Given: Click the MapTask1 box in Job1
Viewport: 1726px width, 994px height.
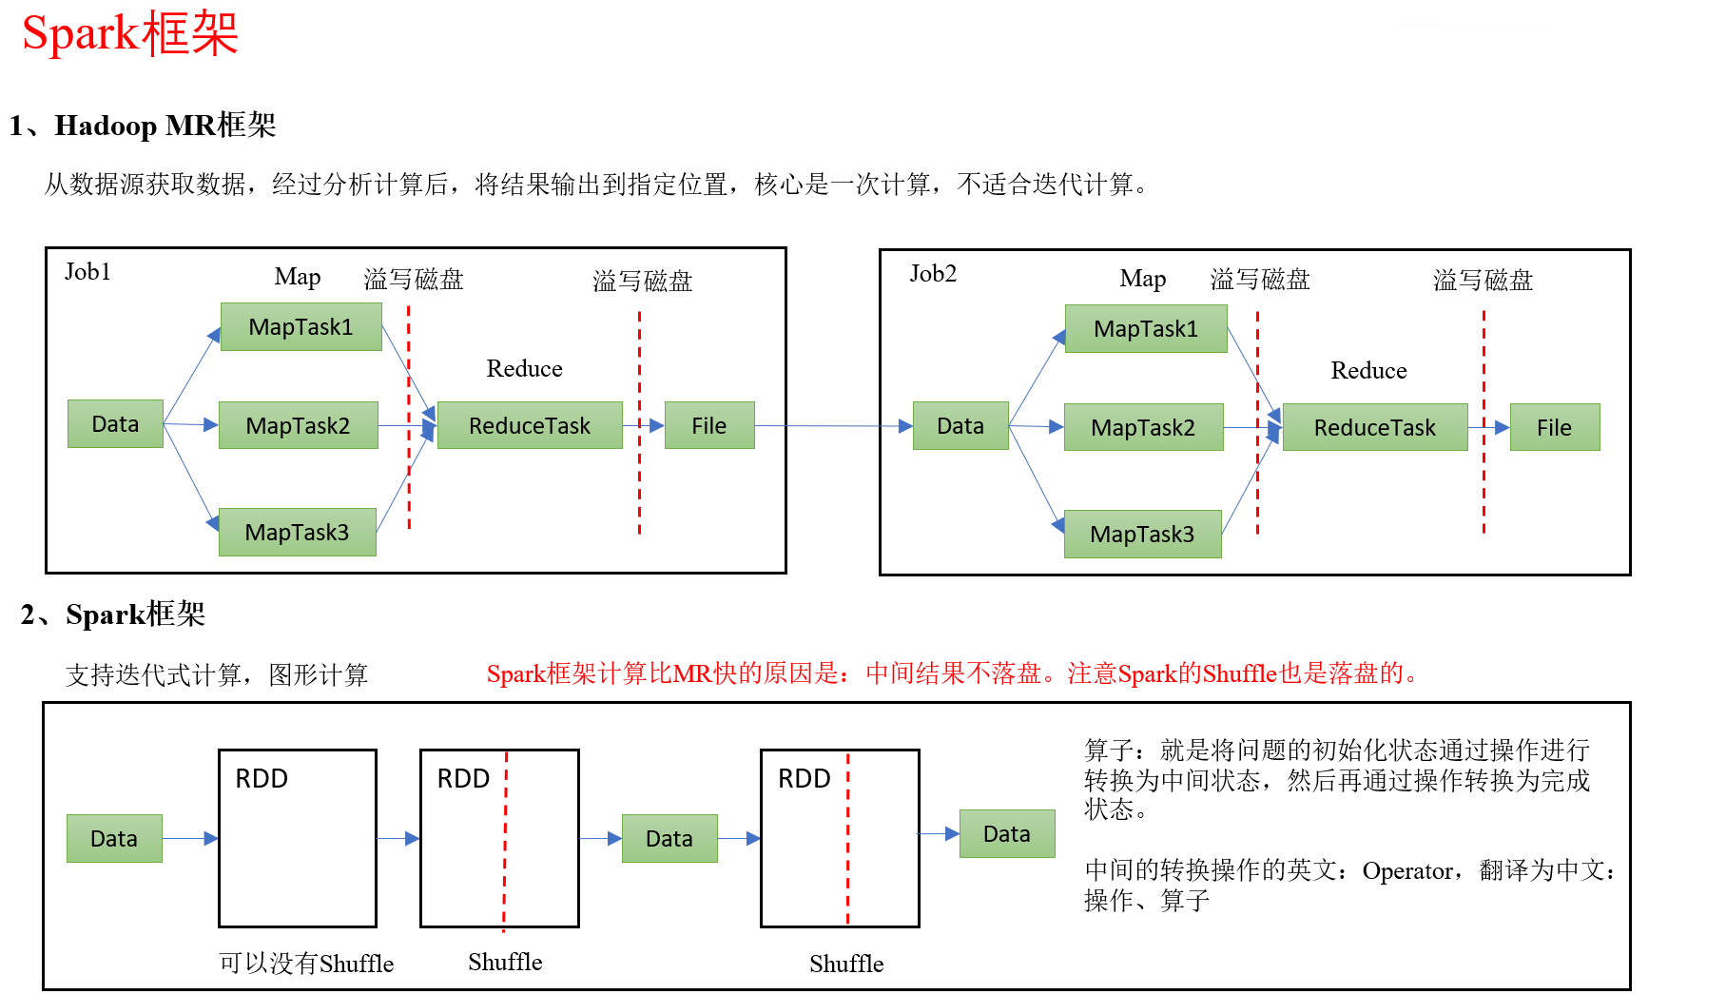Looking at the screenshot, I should [301, 326].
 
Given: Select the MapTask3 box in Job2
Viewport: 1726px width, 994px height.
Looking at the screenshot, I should [1142, 534].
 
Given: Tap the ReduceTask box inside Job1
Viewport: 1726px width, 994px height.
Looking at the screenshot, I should [529, 425].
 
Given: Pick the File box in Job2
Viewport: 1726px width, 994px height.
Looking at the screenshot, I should [1554, 427].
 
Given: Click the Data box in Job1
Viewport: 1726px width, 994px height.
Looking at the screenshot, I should [115, 423].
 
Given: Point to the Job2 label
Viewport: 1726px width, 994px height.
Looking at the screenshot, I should [932, 274].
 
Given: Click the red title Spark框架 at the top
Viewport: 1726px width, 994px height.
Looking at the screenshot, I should [129, 34].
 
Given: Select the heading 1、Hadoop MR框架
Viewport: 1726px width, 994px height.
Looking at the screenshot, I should [143, 126].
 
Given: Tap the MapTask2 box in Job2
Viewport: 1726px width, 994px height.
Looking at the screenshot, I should [1143, 427].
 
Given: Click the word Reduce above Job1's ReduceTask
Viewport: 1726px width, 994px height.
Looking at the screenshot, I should [524, 368].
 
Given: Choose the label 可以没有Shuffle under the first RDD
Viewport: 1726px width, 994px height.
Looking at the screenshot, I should [305, 964].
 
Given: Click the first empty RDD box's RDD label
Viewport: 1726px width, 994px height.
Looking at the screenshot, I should [262, 778].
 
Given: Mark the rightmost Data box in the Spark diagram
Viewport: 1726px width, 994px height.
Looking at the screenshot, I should [1006, 833].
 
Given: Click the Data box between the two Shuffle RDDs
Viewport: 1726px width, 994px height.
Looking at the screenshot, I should [669, 838].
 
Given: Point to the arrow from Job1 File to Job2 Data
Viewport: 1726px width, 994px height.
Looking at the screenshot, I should [832, 425].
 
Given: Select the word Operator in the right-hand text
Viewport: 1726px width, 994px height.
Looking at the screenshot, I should [1406, 870].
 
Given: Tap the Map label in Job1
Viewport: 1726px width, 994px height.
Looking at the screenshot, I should [297, 277].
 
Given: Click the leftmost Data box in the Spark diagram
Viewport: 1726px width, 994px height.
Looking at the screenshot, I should [114, 838].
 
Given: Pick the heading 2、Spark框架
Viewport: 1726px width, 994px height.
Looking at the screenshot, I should [113, 614].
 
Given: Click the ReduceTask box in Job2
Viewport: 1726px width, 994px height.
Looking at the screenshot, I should [1374, 427].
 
